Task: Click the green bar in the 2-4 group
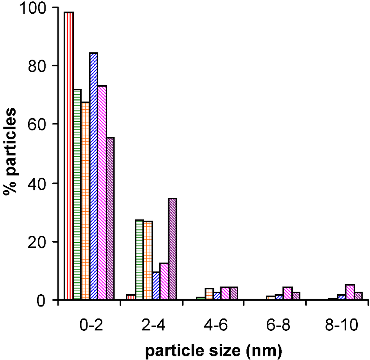point(139,260)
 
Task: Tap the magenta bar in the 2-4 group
point(164,281)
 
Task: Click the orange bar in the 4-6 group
point(209,294)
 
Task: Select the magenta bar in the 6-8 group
point(288,293)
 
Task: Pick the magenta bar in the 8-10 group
point(350,292)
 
